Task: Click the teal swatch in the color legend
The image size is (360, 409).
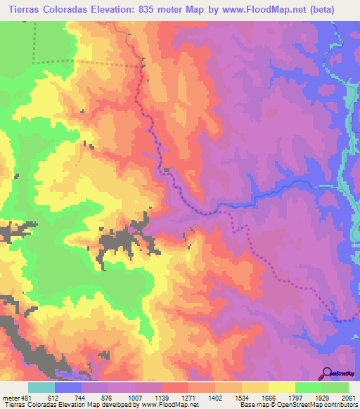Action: tap(41, 387)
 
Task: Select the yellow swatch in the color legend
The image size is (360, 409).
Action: tap(281, 387)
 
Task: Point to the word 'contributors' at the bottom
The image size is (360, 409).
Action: tap(340, 404)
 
